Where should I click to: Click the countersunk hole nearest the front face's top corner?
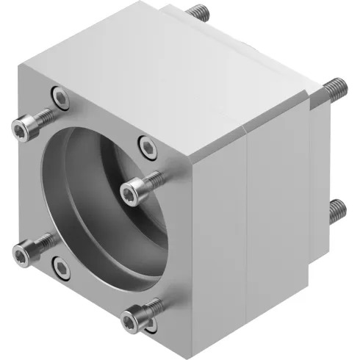[57, 94]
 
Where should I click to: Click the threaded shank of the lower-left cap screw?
[43, 242]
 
